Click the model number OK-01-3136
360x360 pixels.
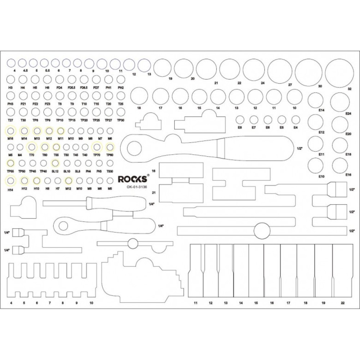point(136,187)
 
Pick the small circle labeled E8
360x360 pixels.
point(240,120)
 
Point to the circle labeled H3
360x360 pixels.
point(11,79)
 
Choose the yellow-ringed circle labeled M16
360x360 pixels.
point(11,130)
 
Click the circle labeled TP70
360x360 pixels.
point(97,147)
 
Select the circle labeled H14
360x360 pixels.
point(11,181)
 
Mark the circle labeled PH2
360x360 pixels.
point(121,79)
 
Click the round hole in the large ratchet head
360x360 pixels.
point(135,148)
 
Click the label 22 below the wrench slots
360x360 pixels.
point(342,303)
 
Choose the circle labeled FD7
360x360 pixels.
point(96,79)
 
